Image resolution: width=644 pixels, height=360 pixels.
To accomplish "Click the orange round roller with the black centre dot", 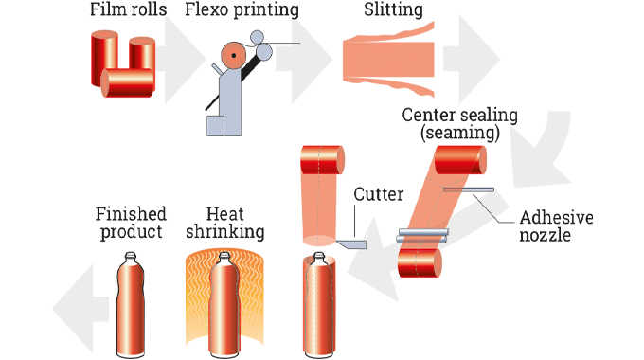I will pyautogui.click(x=230, y=65).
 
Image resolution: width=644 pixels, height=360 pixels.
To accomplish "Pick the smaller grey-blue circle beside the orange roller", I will pyautogui.click(x=257, y=37).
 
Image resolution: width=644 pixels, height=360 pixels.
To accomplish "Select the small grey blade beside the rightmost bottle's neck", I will pyautogui.click(x=350, y=244).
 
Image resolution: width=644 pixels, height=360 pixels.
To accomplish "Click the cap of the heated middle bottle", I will pyautogui.click(x=224, y=259).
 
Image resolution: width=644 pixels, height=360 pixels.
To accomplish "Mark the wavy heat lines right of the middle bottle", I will pyautogui.click(x=258, y=303).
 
